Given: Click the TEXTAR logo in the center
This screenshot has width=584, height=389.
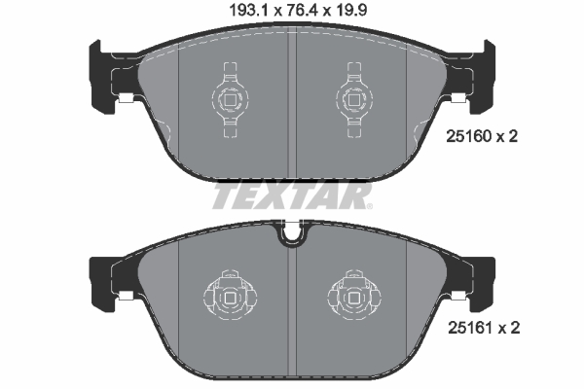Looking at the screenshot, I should pos(291,197).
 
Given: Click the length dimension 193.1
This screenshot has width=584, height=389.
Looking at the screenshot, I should pos(232,13).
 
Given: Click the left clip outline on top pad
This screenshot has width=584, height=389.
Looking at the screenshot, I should pos(231,95).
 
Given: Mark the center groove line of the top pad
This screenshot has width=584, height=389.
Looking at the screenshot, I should pos(292,107).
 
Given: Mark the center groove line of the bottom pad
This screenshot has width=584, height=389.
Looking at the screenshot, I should pos(292,301).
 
